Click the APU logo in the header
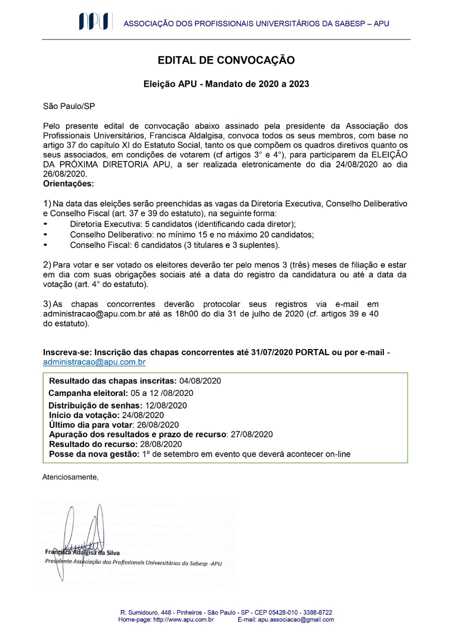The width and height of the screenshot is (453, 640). pos(94,22)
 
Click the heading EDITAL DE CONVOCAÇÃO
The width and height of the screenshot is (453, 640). pos(226,60)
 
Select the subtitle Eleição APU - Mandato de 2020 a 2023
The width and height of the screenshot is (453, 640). pos(226,84)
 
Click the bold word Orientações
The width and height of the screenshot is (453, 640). pos(69,183)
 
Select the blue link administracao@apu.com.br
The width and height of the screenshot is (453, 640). pos(94,362)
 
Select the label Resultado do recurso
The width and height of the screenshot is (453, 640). pos(93,444)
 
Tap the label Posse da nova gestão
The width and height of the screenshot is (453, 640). pos(94,454)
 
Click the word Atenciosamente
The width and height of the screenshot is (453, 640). pos(71,477)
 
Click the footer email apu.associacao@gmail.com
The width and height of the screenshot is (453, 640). pos(296,619)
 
